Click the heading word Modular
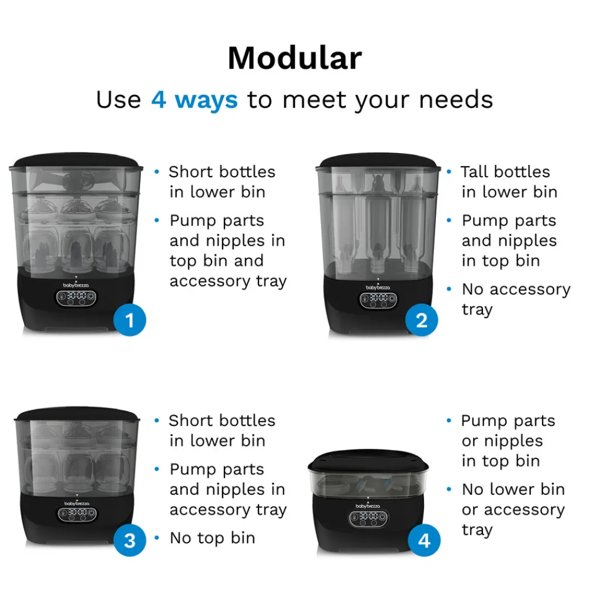(x=295, y=58)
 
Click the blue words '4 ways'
(x=194, y=100)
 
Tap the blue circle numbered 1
(x=130, y=320)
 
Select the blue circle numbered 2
(x=422, y=320)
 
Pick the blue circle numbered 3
(x=130, y=540)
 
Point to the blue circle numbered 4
(x=424, y=540)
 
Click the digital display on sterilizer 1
(x=76, y=298)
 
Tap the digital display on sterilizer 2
(x=378, y=300)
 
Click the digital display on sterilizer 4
(x=369, y=518)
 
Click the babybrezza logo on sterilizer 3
(x=77, y=504)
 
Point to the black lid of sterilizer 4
(x=368, y=461)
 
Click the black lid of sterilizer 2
(x=378, y=160)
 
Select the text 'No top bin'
(x=213, y=538)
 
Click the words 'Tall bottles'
(x=505, y=171)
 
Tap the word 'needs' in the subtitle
(x=456, y=100)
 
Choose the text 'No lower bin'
(x=514, y=489)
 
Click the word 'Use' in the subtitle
(x=119, y=100)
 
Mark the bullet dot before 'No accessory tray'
(x=449, y=289)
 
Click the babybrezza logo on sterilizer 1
(x=76, y=286)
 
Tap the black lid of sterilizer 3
(x=77, y=413)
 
